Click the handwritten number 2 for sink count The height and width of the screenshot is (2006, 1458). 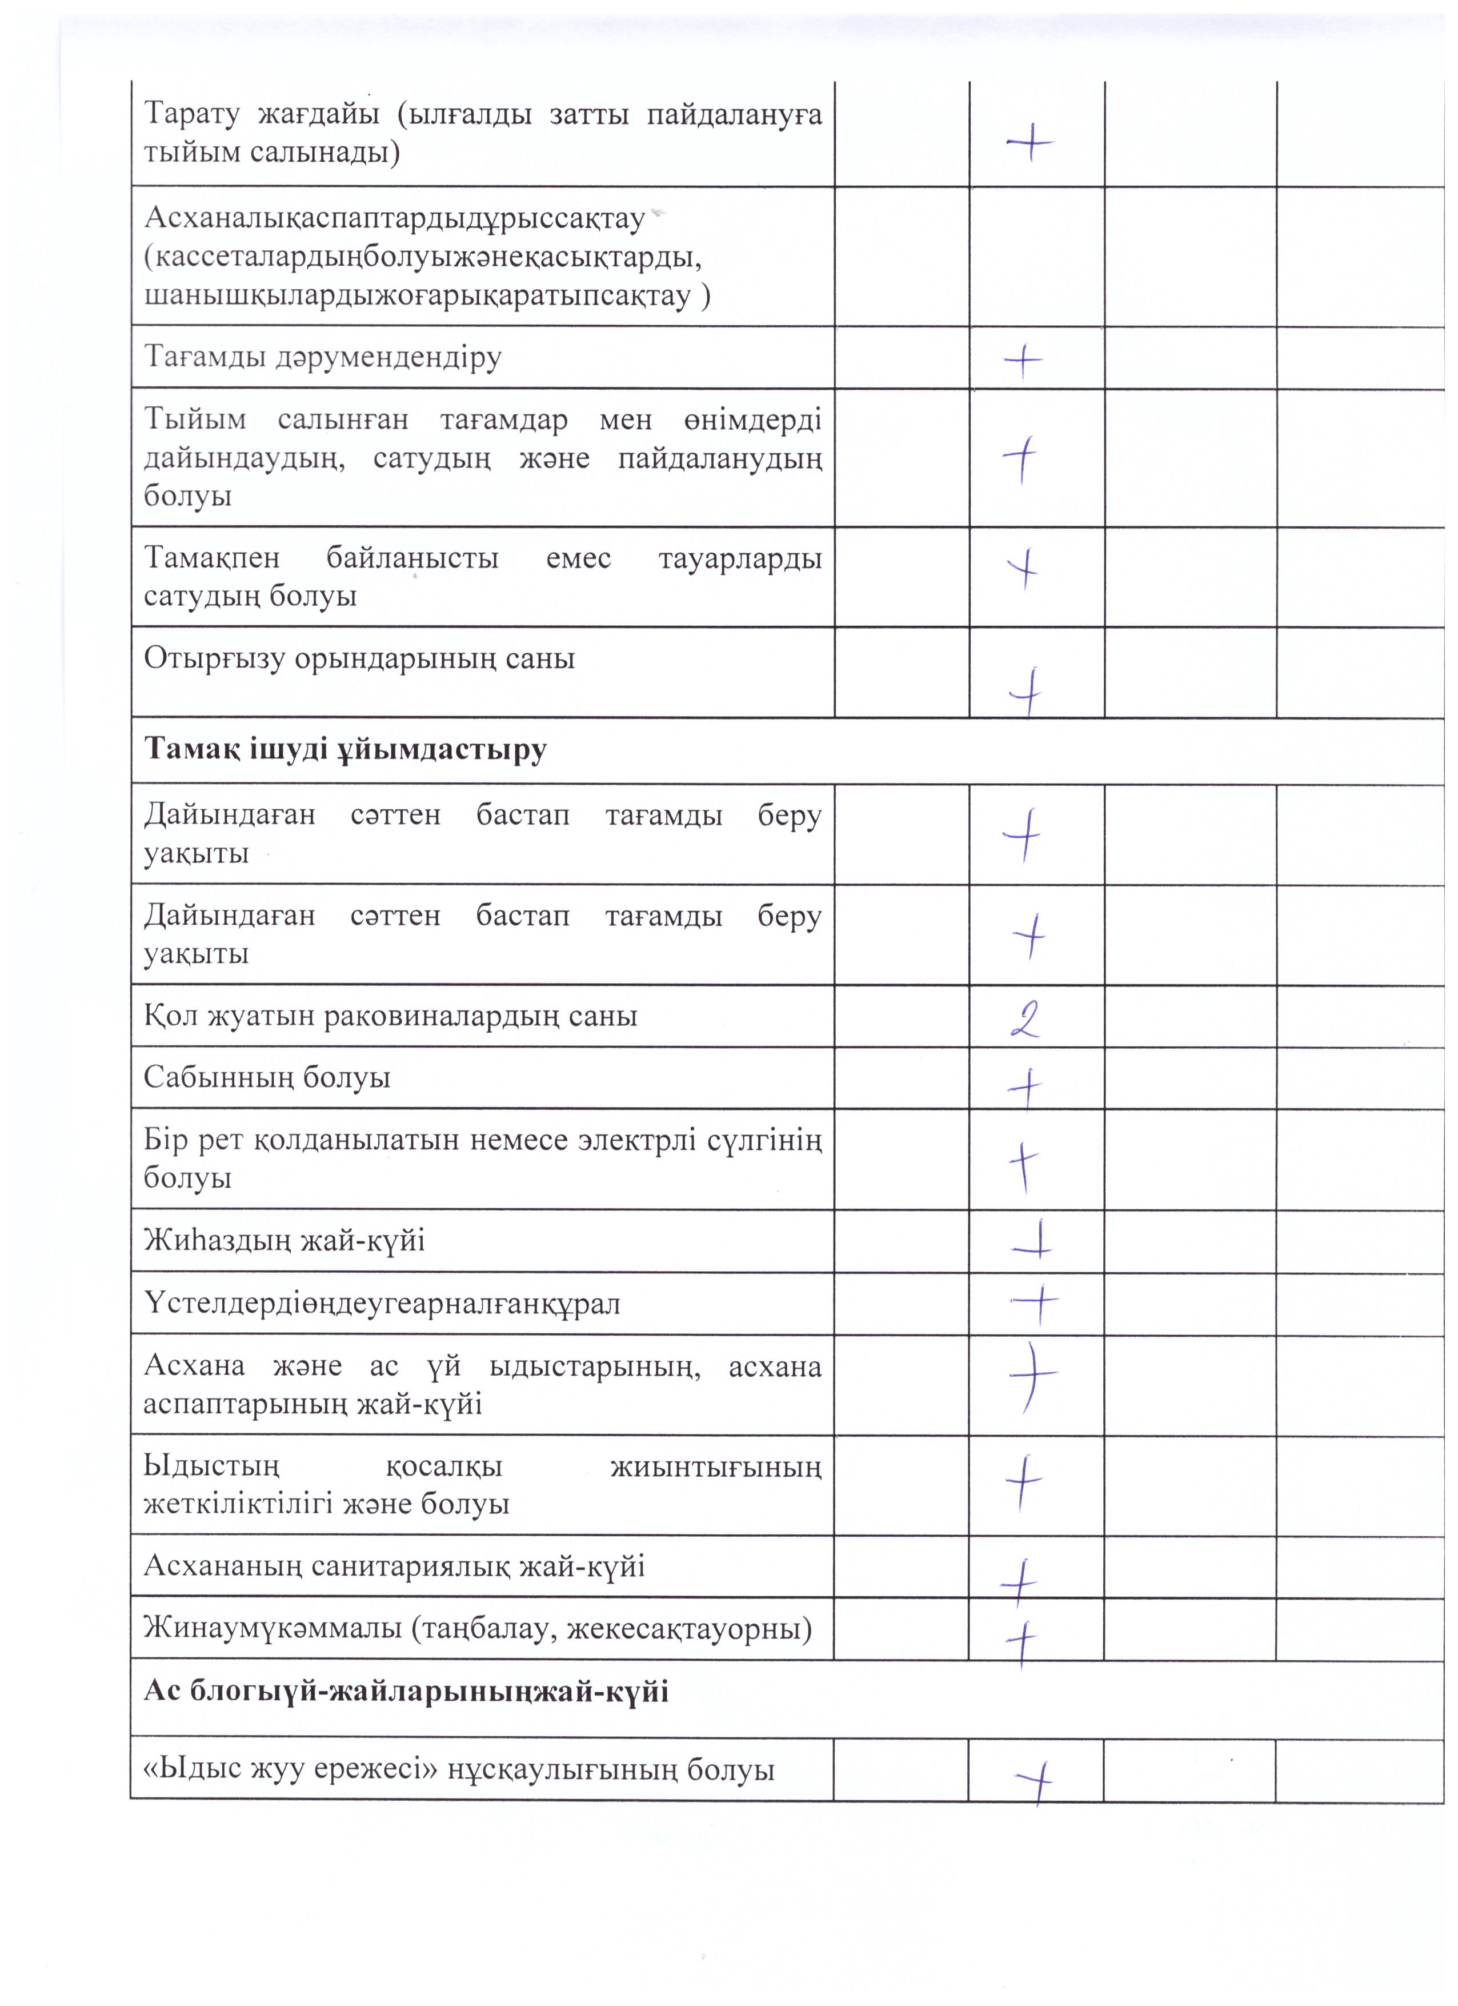[1026, 1019]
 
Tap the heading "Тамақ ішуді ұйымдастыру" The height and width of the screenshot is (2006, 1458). [346, 750]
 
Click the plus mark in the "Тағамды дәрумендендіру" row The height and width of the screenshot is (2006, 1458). [1023, 360]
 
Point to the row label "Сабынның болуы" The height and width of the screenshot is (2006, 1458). [267, 1077]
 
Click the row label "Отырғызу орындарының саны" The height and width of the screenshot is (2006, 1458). [359, 658]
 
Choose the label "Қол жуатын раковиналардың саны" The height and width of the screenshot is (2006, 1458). [390, 1016]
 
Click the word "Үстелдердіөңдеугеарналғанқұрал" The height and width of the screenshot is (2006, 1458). [382, 1303]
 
